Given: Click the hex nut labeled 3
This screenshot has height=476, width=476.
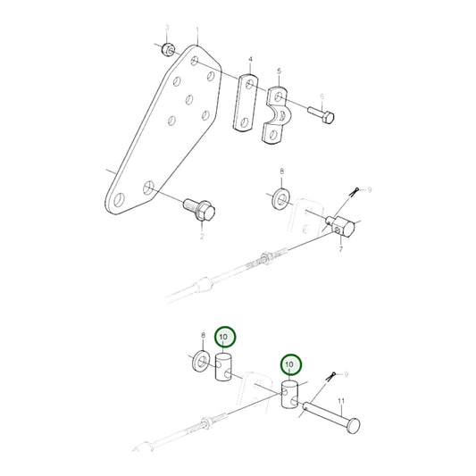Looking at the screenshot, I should (x=167, y=46).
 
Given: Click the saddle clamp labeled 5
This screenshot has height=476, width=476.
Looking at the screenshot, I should (x=279, y=113).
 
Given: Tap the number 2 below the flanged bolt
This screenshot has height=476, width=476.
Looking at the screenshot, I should (x=201, y=237).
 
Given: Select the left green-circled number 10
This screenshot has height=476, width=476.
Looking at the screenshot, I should (x=224, y=337).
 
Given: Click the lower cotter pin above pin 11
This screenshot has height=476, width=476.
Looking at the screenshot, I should (x=331, y=378).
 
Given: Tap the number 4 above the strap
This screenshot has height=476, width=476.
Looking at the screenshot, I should (x=251, y=60).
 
